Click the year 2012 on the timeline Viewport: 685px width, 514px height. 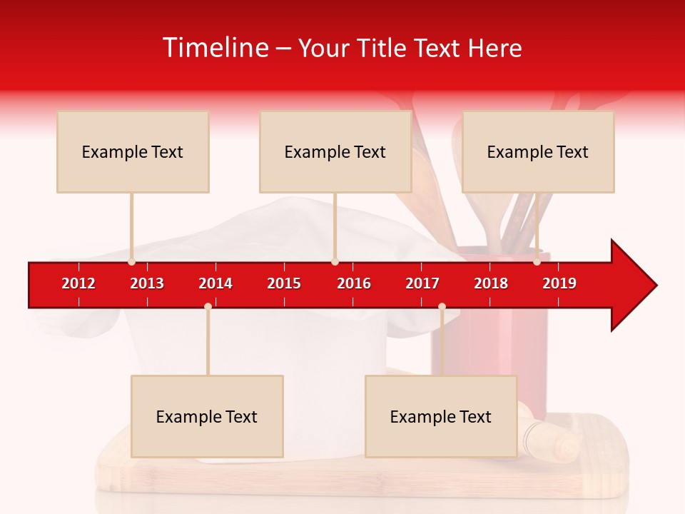pyautogui.click(x=78, y=283)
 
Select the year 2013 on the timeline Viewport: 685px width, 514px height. pyautogui.click(x=147, y=283)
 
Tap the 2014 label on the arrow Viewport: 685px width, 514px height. pyautogui.click(x=215, y=283)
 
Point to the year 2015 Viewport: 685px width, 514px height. pyautogui.click(x=284, y=283)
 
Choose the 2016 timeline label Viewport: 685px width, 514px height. pyautogui.click(x=354, y=283)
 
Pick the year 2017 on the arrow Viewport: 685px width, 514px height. pyautogui.click(x=422, y=283)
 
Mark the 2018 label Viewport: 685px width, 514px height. pyautogui.click(x=491, y=283)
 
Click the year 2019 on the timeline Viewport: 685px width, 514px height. pyautogui.click(x=559, y=283)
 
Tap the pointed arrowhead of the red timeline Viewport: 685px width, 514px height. pyautogui.click(x=635, y=286)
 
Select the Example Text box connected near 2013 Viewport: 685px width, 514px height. pyautogui.click(x=133, y=151)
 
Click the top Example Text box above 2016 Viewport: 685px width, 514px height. pyautogui.click(x=335, y=151)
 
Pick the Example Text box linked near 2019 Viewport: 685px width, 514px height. pyautogui.click(x=538, y=151)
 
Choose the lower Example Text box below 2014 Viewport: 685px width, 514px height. pyautogui.click(x=207, y=416)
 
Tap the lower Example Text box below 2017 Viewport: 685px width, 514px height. pyautogui.click(x=441, y=416)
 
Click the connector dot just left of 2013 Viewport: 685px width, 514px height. pyautogui.click(x=131, y=262)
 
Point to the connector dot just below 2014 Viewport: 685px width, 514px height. pyautogui.click(x=208, y=306)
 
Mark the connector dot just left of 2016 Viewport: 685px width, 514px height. pyautogui.click(x=335, y=262)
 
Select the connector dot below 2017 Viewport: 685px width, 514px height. pyautogui.click(x=442, y=306)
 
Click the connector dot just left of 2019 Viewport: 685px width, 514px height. pyautogui.click(x=537, y=262)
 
